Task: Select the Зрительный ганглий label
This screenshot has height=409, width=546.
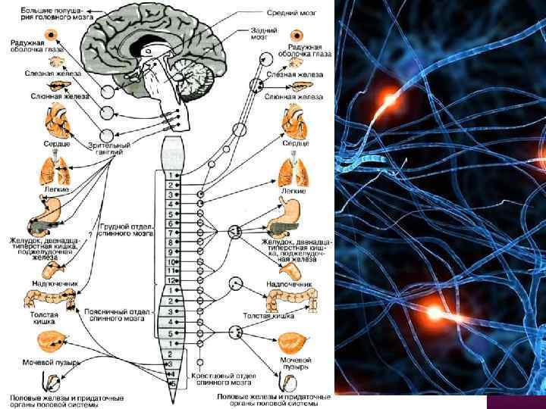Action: point(109,147)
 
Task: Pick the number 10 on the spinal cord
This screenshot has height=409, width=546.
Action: point(172,261)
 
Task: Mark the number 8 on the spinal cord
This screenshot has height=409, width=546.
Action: point(172,242)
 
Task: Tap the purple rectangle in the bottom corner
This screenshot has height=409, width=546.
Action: point(516,401)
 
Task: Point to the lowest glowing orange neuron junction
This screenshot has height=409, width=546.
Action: point(433,311)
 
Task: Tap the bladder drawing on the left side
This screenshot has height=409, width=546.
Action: point(53,341)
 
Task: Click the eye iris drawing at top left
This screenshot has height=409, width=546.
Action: point(52,35)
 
